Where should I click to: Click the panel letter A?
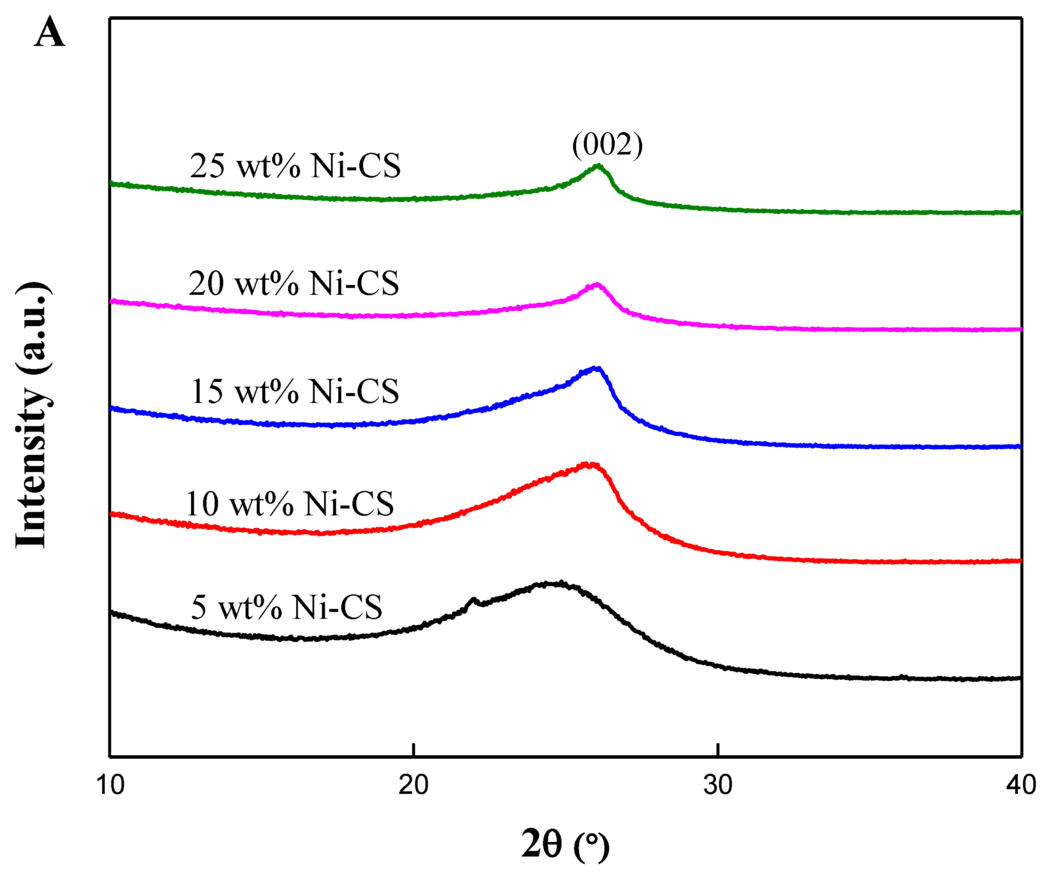49,32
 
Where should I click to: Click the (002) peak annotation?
607,145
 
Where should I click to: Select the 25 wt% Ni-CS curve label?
295,166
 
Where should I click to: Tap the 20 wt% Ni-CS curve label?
294,283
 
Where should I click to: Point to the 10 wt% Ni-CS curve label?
289,504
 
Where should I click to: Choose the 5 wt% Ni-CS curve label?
286,608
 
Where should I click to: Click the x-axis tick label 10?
110,785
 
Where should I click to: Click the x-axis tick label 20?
413,785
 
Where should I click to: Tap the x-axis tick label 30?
717,785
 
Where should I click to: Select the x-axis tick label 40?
1020,785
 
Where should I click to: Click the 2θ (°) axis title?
565,845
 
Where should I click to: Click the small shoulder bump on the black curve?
473,599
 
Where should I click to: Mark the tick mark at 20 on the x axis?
413,750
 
